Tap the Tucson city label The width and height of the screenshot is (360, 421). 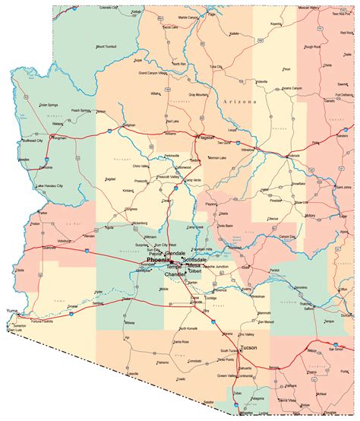pos(248,347)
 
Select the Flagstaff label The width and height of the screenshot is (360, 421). pos(204,138)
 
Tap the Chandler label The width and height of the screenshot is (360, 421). pos(175,274)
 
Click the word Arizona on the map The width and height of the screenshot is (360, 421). pos(240,101)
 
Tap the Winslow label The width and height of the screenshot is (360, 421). pos(248,149)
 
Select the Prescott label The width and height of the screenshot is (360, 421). pos(141,181)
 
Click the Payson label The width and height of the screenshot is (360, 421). pos(212,204)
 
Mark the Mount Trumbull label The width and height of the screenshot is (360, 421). pos(111,46)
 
